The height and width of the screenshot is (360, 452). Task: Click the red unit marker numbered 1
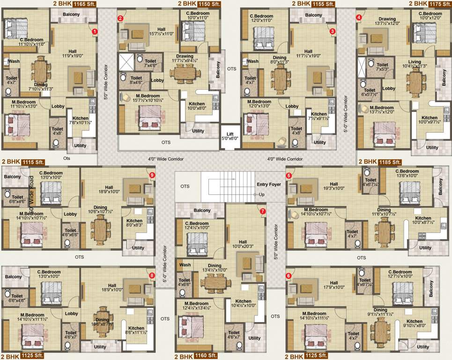click(x=94, y=31)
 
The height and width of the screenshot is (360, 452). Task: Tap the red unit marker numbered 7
click(x=262, y=211)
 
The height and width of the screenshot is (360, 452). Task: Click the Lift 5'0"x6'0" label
click(x=230, y=135)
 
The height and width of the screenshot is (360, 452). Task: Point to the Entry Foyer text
click(x=269, y=185)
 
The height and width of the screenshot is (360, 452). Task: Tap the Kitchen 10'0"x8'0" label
click(x=196, y=106)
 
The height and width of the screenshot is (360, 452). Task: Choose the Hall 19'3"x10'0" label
click(x=333, y=187)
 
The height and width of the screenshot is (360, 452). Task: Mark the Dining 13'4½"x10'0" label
click(x=215, y=268)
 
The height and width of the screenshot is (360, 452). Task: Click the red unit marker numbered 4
click(x=359, y=18)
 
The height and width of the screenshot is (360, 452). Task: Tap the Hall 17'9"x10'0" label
click(x=333, y=285)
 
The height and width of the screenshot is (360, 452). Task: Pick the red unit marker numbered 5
click(x=289, y=176)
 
